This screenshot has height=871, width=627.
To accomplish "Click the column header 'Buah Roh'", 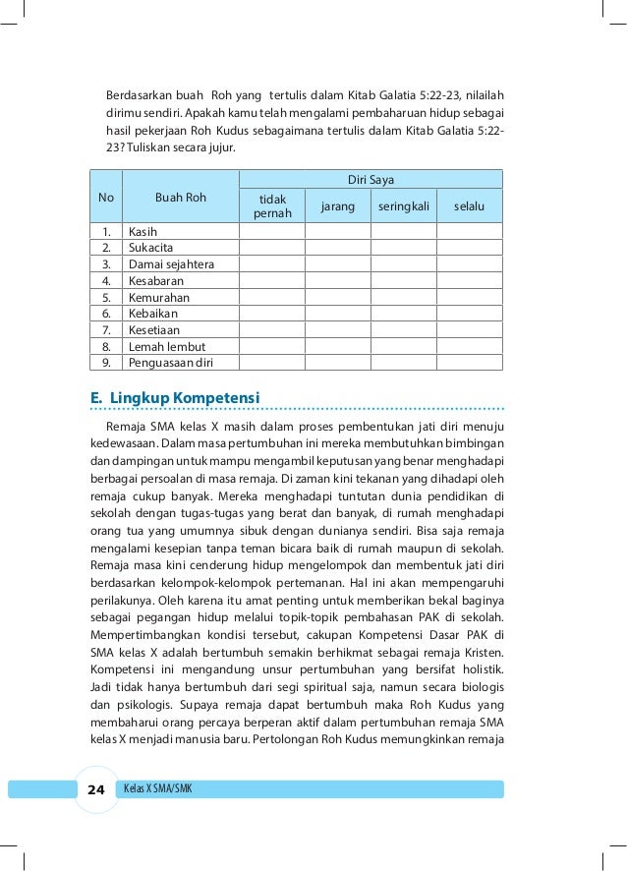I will (x=181, y=197).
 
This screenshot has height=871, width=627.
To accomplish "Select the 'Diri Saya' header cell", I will (x=371, y=179).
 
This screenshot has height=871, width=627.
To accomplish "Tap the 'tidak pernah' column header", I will (x=272, y=206).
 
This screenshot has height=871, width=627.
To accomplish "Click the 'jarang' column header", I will (x=337, y=206).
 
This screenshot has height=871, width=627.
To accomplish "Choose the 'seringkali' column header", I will (x=403, y=206).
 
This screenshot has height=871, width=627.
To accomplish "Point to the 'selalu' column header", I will (x=469, y=206).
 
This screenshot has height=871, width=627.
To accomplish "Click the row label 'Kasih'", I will (x=143, y=232).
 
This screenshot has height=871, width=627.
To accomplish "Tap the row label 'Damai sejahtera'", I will (x=171, y=264).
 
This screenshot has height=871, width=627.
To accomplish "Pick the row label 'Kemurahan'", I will (x=158, y=297).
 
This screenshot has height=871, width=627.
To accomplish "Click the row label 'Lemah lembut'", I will (x=164, y=346).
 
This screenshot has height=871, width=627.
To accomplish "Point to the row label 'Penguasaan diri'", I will (x=170, y=363).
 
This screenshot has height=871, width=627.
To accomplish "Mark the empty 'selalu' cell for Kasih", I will (x=469, y=232).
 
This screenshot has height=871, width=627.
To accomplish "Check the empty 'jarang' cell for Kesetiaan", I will (x=337, y=330).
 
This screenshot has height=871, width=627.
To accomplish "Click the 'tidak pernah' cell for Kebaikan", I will (x=272, y=314).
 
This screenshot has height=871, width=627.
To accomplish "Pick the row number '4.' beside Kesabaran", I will (x=105, y=281).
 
